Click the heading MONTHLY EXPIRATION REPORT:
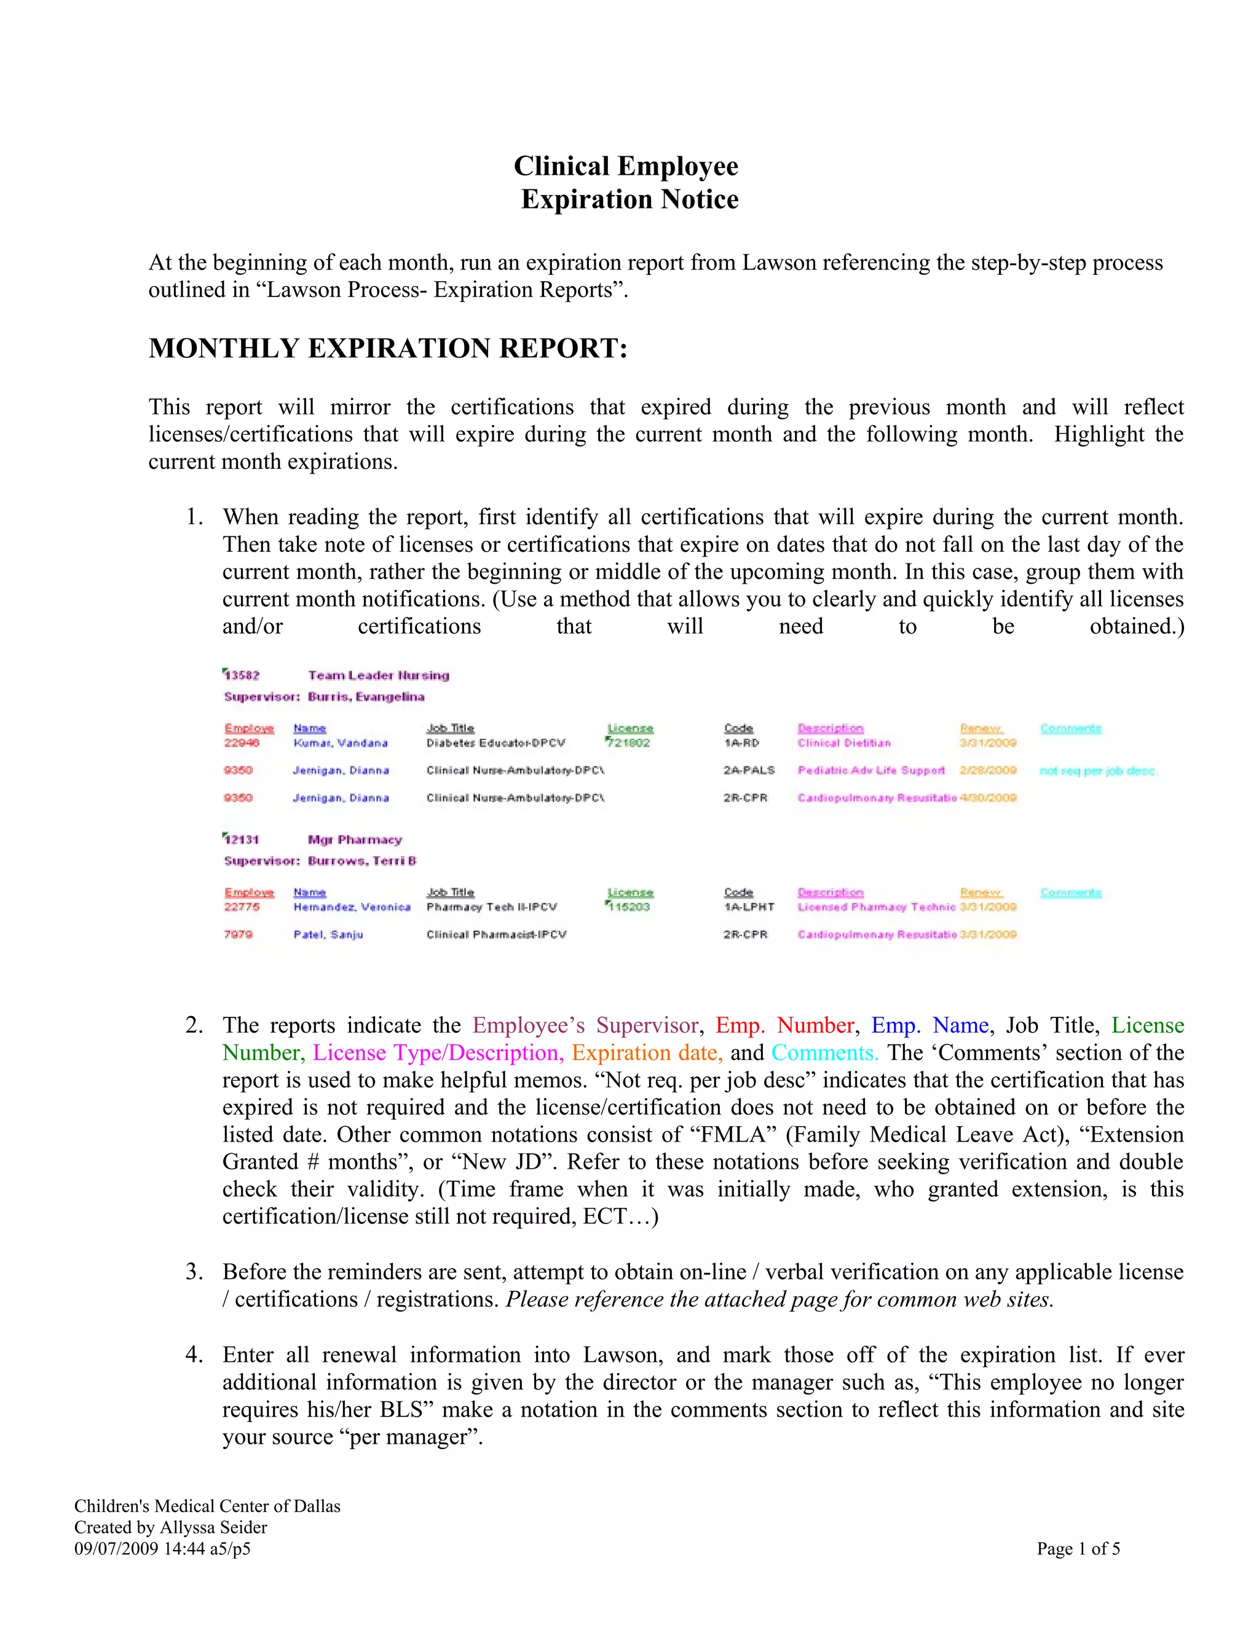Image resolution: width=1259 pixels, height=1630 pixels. click(388, 349)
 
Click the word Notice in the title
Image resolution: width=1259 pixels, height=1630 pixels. click(699, 199)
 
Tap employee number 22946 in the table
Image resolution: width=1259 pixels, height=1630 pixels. click(242, 742)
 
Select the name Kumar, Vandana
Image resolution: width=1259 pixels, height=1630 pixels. click(340, 742)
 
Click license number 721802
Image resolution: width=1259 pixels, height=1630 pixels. click(629, 742)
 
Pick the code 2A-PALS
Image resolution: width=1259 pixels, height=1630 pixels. click(749, 770)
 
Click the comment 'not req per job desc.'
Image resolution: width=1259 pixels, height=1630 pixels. click(1098, 770)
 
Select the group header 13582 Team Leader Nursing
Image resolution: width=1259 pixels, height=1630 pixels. click(337, 675)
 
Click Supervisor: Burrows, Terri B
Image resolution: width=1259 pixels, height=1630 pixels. click(320, 861)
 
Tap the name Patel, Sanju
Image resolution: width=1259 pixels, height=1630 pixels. click(328, 934)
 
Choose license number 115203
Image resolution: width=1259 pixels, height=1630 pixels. click(629, 907)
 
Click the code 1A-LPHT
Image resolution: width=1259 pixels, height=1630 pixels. click(749, 907)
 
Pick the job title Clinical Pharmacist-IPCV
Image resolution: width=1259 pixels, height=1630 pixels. click(496, 934)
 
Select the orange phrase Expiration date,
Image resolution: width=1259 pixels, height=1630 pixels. click(647, 1052)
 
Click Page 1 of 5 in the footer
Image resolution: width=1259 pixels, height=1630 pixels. click(1078, 1549)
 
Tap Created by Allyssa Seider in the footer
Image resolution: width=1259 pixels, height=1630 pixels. click(171, 1527)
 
